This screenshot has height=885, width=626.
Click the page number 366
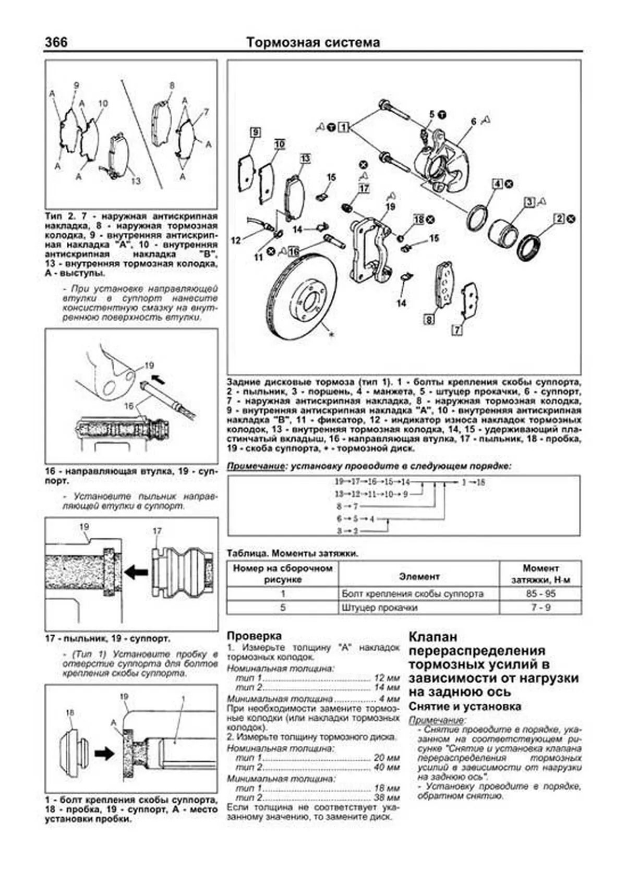pos(56,42)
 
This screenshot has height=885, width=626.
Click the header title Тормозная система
pos(313,42)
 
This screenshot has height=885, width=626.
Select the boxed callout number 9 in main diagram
pos(255,132)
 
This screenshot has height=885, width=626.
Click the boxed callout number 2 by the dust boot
pos(559,219)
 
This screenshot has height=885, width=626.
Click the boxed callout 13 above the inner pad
pos(305,159)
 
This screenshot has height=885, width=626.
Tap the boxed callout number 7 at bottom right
pos(457,330)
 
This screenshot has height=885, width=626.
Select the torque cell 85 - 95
pos(541,593)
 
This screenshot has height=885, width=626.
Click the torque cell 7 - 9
pos(541,608)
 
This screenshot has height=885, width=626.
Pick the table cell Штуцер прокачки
pos(379,608)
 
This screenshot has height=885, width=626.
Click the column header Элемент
pos(419,576)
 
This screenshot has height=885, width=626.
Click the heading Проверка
pos(255,636)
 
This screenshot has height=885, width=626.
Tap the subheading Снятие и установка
pos(465,707)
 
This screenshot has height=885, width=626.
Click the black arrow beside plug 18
pos(104,753)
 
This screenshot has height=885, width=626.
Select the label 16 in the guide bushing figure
pos(129,406)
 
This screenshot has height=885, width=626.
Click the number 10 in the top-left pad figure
pos(103,103)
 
